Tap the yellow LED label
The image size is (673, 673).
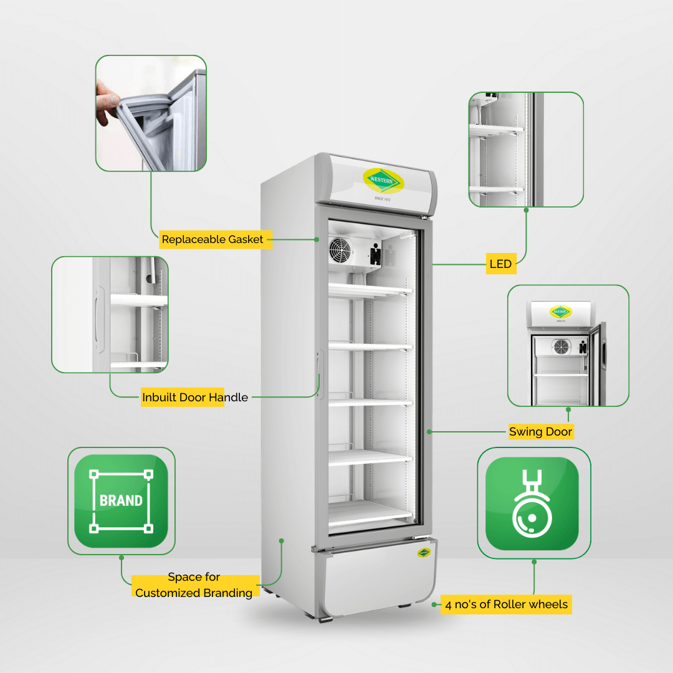pyautogui.click(x=501, y=264)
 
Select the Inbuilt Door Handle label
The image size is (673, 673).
pyautogui.click(x=195, y=397)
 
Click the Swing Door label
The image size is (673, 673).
pyautogui.click(x=540, y=431)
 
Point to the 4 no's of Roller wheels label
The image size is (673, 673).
pyautogui.click(x=507, y=604)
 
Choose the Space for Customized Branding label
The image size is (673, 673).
pyautogui.click(x=194, y=585)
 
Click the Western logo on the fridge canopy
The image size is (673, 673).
pyautogui.click(x=383, y=181)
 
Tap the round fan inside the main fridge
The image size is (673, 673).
pyautogui.click(x=340, y=251)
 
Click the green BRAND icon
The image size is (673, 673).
pyautogui.click(x=122, y=501)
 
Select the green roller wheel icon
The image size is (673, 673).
pyautogui.click(x=532, y=504)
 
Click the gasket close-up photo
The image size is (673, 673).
pyautogui.click(x=151, y=113)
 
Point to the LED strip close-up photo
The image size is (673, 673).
pyautogui.click(x=526, y=150)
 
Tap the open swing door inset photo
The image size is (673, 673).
pyautogui.click(x=568, y=345)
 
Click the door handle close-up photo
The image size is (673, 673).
pyautogui.click(x=110, y=315)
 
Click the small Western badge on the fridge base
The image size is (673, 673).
pyautogui.click(x=424, y=553)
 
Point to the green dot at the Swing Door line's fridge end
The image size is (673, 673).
pyautogui.click(x=429, y=432)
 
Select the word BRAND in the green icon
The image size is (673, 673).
pyautogui.click(x=121, y=501)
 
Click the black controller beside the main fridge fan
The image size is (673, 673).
pyautogui.click(x=376, y=254)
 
